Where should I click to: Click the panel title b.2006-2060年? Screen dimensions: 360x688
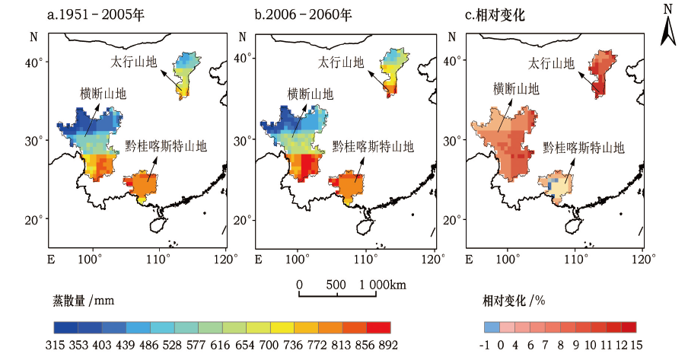click(x=297, y=14)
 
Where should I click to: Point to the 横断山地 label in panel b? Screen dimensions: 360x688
click(x=310, y=94)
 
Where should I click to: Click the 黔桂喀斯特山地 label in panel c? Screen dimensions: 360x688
click(x=583, y=148)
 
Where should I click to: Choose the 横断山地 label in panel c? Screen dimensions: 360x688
click(x=516, y=88)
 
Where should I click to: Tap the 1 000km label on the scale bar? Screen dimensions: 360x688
click(x=381, y=285)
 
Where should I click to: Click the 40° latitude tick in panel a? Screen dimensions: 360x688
click(x=36, y=62)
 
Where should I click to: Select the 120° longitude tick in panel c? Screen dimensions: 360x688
click(x=643, y=259)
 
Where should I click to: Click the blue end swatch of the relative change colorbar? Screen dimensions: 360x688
click(x=492, y=327)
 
